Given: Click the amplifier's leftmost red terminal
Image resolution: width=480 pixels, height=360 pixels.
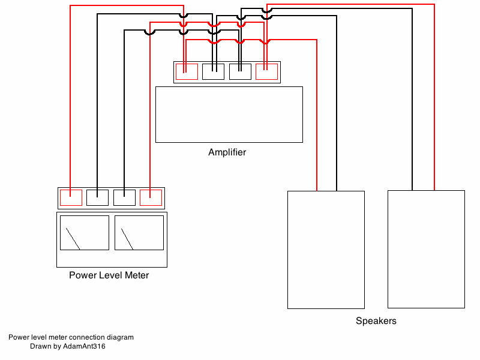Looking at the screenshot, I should [187, 72].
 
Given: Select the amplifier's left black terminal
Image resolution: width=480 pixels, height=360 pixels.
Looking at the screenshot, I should [213, 72].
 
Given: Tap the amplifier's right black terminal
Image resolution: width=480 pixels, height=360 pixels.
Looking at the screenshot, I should [240, 72].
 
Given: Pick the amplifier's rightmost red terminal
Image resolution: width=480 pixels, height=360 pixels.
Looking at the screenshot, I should [266, 72].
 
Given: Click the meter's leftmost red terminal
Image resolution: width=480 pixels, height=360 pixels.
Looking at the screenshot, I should [71, 197].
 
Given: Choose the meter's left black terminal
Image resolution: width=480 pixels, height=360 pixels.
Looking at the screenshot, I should [97, 197].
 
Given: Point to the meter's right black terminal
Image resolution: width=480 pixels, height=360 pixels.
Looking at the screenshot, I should [124, 197].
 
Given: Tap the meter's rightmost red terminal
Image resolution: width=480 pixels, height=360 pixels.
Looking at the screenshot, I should [151, 197].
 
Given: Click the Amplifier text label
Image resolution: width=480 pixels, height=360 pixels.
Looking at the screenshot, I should [227, 152].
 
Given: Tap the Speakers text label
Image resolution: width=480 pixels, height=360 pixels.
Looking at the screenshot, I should [376, 321].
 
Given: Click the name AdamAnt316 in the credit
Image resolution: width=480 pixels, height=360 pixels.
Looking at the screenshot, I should [84, 346].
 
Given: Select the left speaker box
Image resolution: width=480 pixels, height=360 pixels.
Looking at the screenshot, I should [326, 250].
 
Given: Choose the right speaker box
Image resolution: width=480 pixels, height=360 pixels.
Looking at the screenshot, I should [426, 249].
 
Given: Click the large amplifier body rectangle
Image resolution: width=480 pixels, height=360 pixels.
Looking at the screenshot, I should [229, 115].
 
